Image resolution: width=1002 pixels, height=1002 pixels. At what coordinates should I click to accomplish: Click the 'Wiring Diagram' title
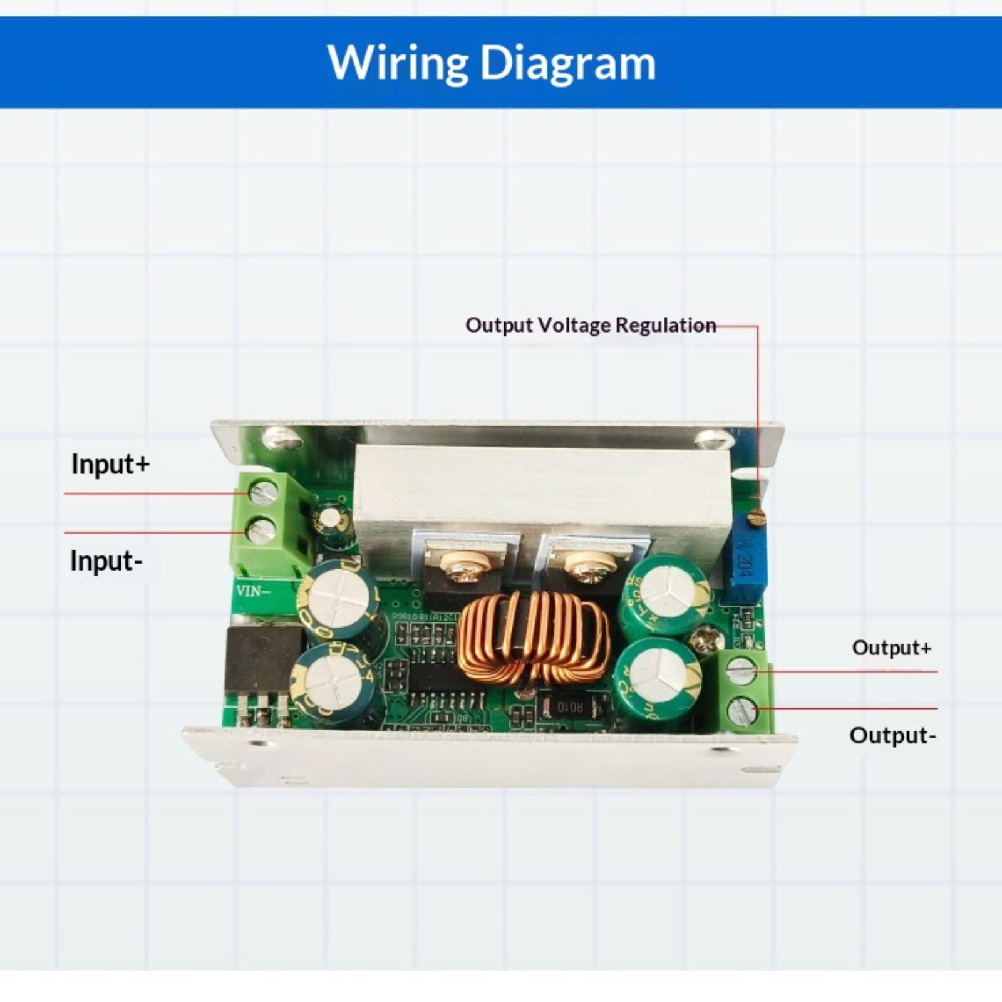492,63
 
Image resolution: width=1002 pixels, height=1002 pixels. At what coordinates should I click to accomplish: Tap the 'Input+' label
111,464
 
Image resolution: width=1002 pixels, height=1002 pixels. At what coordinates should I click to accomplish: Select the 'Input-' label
106,560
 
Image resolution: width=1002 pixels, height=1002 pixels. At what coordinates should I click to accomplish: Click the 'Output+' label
891,647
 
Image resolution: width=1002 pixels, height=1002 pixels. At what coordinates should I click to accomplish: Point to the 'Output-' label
892,735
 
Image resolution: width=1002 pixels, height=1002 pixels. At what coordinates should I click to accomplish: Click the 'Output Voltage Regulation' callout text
591,325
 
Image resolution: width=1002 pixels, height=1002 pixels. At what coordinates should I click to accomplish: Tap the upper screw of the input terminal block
263,492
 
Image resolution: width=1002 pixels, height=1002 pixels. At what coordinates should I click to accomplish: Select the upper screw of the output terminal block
741,671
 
